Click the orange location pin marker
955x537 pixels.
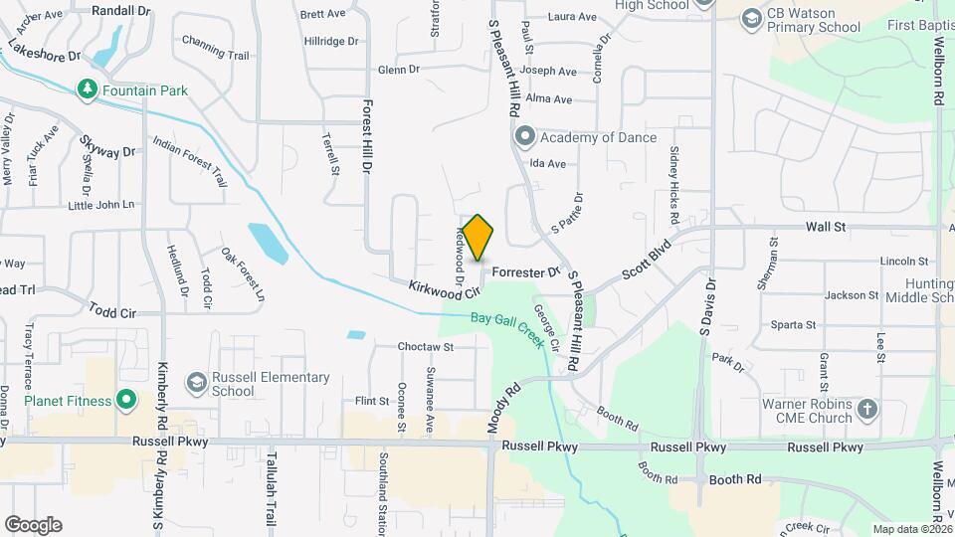coord(477,238)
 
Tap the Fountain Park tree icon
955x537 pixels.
coord(88,90)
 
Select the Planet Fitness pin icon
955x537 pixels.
coord(125,401)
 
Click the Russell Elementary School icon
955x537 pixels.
coord(196,383)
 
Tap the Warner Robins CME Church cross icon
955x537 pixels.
coord(867,410)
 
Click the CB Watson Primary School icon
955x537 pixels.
coord(751,19)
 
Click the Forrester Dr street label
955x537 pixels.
coord(527,270)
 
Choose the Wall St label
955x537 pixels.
coord(825,227)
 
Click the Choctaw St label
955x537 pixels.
coord(425,347)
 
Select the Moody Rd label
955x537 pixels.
coord(504,408)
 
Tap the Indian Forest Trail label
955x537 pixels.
coord(190,162)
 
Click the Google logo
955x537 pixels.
coord(33,525)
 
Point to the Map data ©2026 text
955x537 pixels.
coord(912,529)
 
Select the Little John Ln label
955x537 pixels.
coord(100,205)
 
